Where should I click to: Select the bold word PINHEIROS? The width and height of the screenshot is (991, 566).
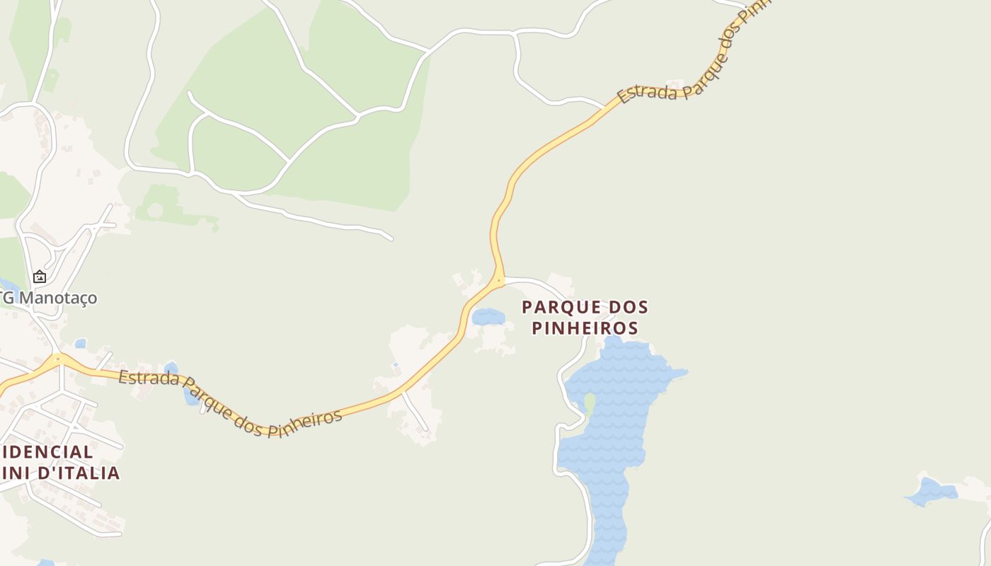click(x=585, y=328)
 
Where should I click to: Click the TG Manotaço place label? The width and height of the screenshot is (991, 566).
click(x=50, y=298)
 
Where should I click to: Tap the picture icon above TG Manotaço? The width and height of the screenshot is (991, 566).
click(x=40, y=277)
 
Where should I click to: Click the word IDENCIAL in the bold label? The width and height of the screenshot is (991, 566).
click(x=47, y=452)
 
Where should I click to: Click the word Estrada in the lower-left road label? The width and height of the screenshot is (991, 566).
click(x=149, y=379)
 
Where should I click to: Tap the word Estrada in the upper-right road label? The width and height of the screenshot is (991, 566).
click(x=645, y=93)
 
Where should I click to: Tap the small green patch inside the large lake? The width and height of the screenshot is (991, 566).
click(x=590, y=403)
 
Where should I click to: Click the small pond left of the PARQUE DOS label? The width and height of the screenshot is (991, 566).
click(x=488, y=316)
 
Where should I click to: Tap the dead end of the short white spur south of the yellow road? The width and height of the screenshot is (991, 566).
click(x=426, y=429)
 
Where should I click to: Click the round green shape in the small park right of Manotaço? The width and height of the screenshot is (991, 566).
click(x=154, y=210)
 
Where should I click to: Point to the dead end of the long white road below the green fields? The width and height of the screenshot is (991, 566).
click(x=391, y=239)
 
